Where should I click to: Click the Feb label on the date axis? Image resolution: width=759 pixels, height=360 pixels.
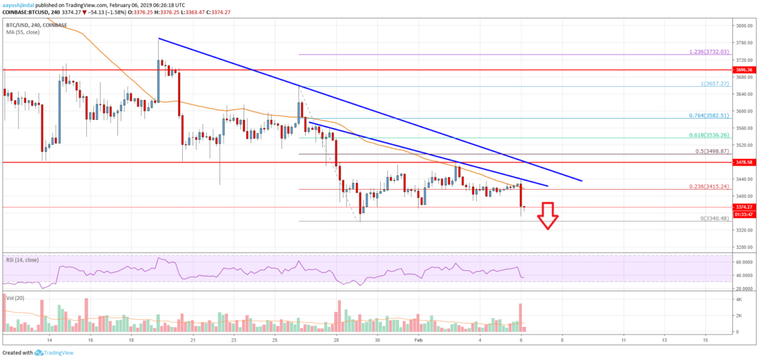point(417,341)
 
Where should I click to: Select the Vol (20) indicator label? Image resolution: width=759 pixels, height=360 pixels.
point(14,297)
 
